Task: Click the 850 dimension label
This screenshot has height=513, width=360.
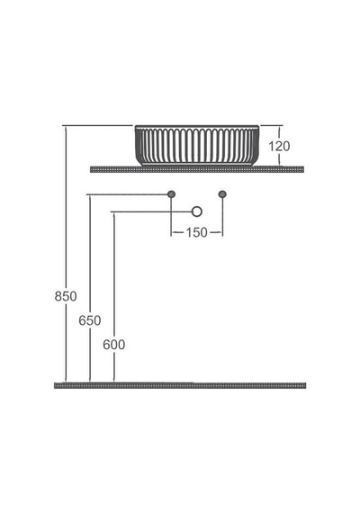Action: click(x=66, y=296)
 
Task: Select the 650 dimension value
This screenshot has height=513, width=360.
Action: click(x=90, y=320)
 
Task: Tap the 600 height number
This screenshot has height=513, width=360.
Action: click(x=114, y=345)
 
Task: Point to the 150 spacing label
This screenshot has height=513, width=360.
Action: click(x=197, y=232)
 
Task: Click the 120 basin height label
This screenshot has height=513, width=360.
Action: click(x=279, y=146)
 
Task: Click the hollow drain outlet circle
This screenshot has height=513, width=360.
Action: click(x=197, y=211)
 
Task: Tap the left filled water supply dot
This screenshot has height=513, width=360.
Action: click(x=171, y=194)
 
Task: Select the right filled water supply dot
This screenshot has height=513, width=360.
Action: click(x=222, y=194)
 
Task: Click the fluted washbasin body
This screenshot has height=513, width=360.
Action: click(x=197, y=146)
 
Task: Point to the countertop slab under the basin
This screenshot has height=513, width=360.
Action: click(x=197, y=169)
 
